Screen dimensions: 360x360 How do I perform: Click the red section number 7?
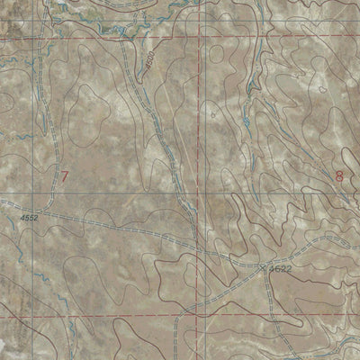click(x=64, y=176)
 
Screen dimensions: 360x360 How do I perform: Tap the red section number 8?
click(x=339, y=176)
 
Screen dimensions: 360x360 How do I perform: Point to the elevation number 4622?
click(x=280, y=268)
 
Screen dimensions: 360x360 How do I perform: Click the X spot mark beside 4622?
click(x=264, y=266)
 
